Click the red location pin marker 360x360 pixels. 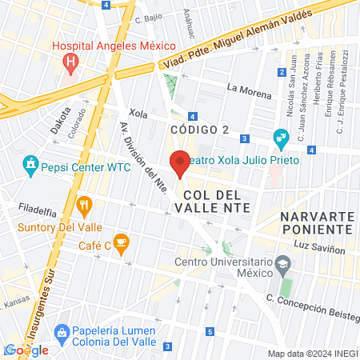pos(179,163)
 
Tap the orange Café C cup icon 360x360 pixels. pos(121,241)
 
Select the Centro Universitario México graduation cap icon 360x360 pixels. pos(282,263)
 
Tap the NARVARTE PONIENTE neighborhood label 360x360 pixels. pos(317,223)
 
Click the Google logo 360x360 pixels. pos(26,350)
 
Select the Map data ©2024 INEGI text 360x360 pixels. pos(312,354)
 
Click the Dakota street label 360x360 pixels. pos(61,120)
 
